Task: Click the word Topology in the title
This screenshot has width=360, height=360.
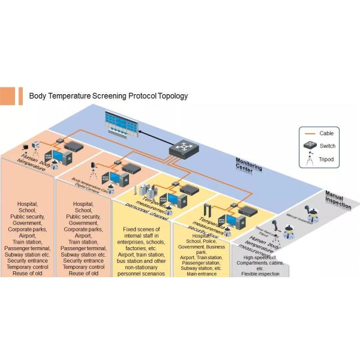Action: coord(171,96)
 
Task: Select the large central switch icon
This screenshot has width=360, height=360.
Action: coord(184,147)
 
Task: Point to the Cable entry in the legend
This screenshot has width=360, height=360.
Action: coord(326,133)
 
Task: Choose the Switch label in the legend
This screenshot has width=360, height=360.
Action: coord(327,146)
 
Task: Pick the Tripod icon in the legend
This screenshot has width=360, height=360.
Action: coord(309,160)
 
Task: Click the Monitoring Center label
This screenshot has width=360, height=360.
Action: coord(248,165)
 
